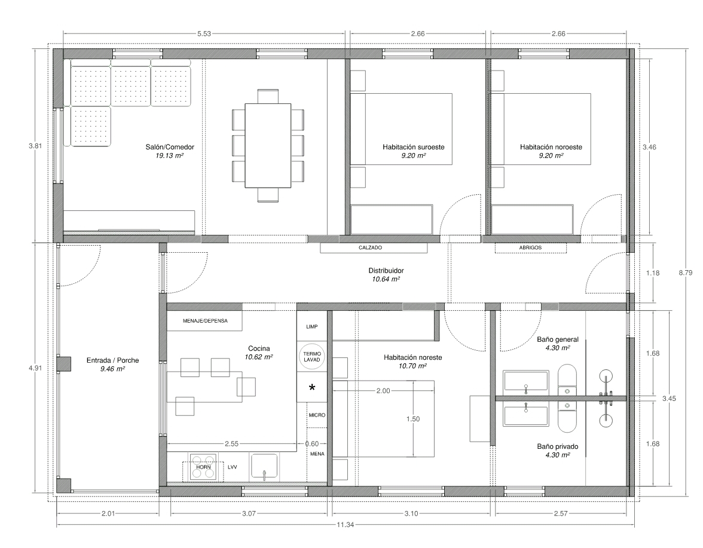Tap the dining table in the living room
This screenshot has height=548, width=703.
(x=268, y=146)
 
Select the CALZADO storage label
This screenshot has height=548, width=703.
(x=371, y=248)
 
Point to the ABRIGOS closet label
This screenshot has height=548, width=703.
(x=530, y=248)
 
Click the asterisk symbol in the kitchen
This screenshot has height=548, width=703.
(x=312, y=387)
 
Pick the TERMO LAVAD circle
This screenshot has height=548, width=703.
(x=312, y=357)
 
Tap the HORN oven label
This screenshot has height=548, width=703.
(x=203, y=467)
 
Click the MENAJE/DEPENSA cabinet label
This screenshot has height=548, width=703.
(x=206, y=321)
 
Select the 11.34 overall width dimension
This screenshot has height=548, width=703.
(x=346, y=525)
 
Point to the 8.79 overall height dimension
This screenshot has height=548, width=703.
(x=686, y=273)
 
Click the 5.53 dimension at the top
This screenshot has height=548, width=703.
(x=204, y=33)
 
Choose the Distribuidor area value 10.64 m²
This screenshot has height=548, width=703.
(x=386, y=279)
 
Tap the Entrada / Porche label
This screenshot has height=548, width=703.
(x=112, y=360)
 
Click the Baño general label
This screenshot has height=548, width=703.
(x=558, y=339)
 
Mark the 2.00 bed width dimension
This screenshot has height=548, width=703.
(x=383, y=391)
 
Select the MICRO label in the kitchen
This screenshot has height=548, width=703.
(x=317, y=415)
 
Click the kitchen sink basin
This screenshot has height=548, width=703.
(x=264, y=467)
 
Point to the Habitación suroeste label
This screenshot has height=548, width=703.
(x=414, y=147)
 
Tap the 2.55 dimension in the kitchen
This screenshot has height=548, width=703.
(x=232, y=444)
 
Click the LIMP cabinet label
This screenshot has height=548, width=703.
(x=312, y=327)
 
